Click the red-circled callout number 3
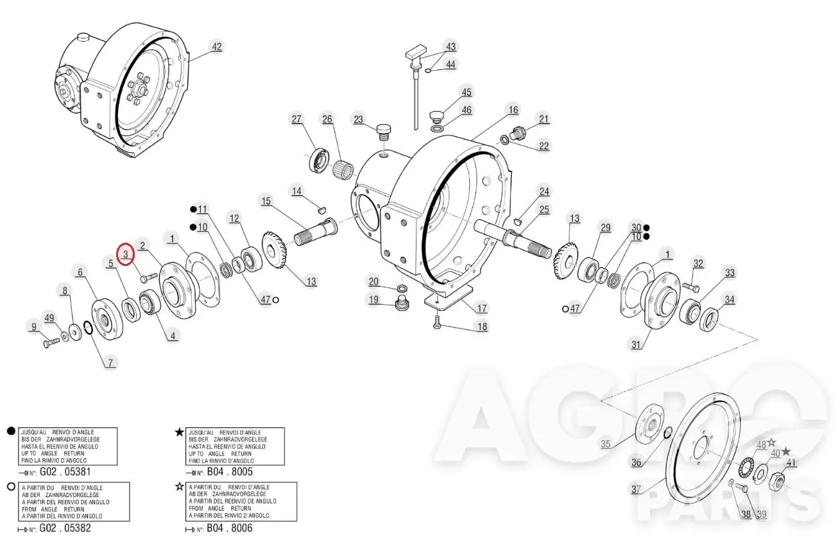[126, 254]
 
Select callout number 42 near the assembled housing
[217, 47]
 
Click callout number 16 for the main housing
[513, 110]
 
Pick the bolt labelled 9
[51, 342]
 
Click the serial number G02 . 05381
[65, 471]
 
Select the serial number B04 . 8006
[230, 528]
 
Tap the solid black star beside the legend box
[180, 432]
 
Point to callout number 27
[296, 119]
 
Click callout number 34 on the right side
[730, 300]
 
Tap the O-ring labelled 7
[88, 328]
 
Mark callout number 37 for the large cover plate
[636, 489]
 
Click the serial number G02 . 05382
[65, 528]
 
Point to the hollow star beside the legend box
[180, 487]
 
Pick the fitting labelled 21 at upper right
[519, 132]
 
